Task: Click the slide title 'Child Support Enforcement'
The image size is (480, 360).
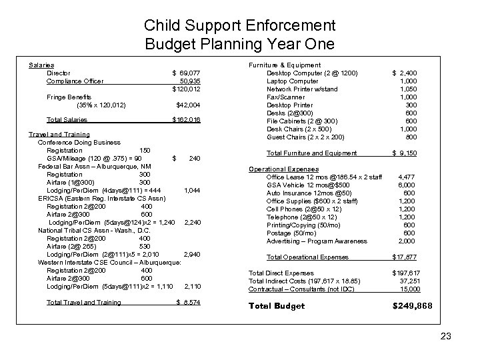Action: [x=239, y=27]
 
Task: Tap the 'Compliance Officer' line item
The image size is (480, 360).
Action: [x=75, y=81]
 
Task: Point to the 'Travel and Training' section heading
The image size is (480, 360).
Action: [x=59, y=135]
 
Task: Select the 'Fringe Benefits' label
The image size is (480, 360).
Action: [x=70, y=97]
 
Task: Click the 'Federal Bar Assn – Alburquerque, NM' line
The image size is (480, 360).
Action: [x=94, y=166]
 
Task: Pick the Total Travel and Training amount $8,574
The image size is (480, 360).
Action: [x=187, y=302]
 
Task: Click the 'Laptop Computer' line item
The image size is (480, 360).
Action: [x=293, y=81]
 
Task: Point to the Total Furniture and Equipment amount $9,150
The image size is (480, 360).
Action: [x=405, y=153]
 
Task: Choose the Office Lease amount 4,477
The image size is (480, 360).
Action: [x=407, y=177]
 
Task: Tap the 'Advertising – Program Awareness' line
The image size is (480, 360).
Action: [x=317, y=241]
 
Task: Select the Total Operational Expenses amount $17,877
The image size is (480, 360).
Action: [x=405, y=257]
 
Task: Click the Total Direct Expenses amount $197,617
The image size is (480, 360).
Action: [x=405, y=273]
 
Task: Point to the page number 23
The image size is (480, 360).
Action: [x=446, y=337]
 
